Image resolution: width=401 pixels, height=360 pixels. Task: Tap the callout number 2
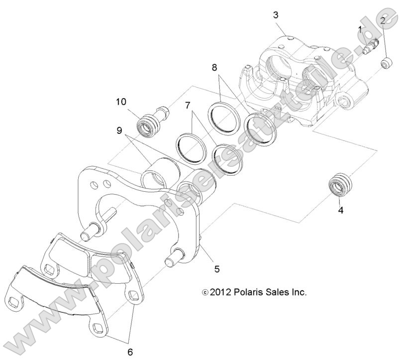click(x=383, y=20)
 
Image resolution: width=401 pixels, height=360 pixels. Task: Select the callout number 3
click(x=276, y=14)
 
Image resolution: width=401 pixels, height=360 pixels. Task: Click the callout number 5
click(x=216, y=269)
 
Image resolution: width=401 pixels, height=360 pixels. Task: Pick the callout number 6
click(x=130, y=352)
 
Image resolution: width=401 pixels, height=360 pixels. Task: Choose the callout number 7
click(x=188, y=106)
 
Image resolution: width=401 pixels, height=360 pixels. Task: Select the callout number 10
click(x=121, y=102)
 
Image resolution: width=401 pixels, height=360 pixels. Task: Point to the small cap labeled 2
click(x=385, y=64)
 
